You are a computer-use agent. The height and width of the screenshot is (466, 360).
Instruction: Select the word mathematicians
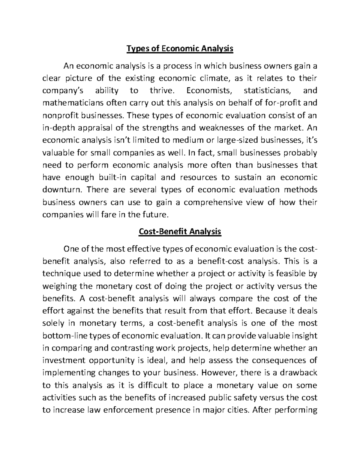(72, 103)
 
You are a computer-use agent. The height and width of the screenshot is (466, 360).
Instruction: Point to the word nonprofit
(60, 116)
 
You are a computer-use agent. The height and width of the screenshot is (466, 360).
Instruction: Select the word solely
(53, 323)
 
